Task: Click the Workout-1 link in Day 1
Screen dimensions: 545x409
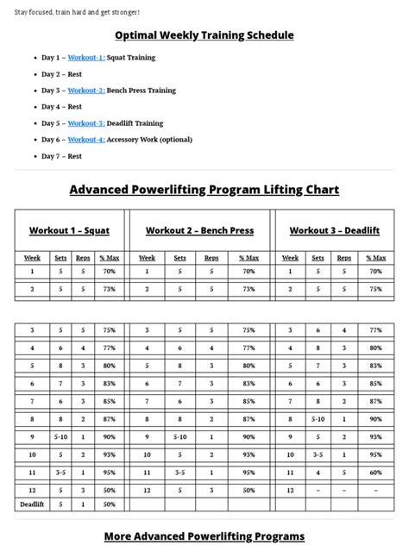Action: pyautogui.click(x=85, y=58)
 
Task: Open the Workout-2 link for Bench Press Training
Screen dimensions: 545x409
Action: pyautogui.click(x=86, y=91)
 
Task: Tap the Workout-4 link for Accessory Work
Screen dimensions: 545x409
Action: pyautogui.click(x=86, y=140)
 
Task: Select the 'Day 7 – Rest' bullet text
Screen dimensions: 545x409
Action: pyautogui.click(x=61, y=156)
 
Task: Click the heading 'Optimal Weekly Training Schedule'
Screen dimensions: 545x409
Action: pyautogui.click(x=204, y=35)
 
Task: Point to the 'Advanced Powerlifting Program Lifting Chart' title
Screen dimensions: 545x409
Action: pyautogui.click(x=204, y=190)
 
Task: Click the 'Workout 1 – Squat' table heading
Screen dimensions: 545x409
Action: pyautogui.click(x=70, y=230)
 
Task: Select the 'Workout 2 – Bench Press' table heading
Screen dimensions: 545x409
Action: pyautogui.click(x=199, y=230)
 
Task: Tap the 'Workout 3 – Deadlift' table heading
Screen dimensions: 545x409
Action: pyautogui.click(x=333, y=230)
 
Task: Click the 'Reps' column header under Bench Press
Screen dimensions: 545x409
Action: pyautogui.click(x=211, y=258)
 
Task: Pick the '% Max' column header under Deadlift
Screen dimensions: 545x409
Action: pyautogui.click(x=375, y=258)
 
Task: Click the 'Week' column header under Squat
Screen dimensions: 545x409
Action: pyautogui.click(x=32, y=258)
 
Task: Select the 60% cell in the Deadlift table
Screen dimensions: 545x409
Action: pyautogui.click(x=375, y=473)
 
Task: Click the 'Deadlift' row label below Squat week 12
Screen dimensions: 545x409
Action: pyautogui.click(x=32, y=504)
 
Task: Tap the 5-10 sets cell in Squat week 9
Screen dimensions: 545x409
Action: pyautogui.click(x=60, y=437)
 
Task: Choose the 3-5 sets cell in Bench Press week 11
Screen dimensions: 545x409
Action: pyautogui.click(x=179, y=473)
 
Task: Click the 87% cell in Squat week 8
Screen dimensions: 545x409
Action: pyautogui.click(x=109, y=419)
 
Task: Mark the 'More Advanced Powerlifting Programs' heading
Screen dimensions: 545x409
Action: pyautogui.click(x=204, y=536)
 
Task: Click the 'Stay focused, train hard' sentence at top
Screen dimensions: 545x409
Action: pyautogui.click(x=77, y=12)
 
